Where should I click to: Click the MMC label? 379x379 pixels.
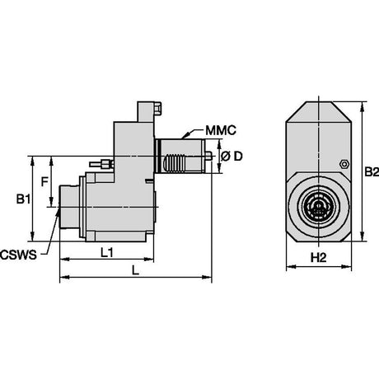click(x=221, y=130)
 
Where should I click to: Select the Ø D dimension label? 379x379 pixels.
click(x=232, y=157)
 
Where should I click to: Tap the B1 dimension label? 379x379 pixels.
click(x=23, y=199)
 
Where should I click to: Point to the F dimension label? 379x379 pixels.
click(x=44, y=181)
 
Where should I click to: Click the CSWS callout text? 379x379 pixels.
click(x=18, y=255)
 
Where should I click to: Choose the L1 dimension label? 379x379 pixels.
click(x=107, y=253)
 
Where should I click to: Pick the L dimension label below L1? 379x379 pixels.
click(x=135, y=270)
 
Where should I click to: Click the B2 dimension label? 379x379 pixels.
click(x=372, y=172)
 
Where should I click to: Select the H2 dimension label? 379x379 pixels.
click(x=318, y=258)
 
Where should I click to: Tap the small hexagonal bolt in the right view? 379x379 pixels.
click(x=344, y=164)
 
